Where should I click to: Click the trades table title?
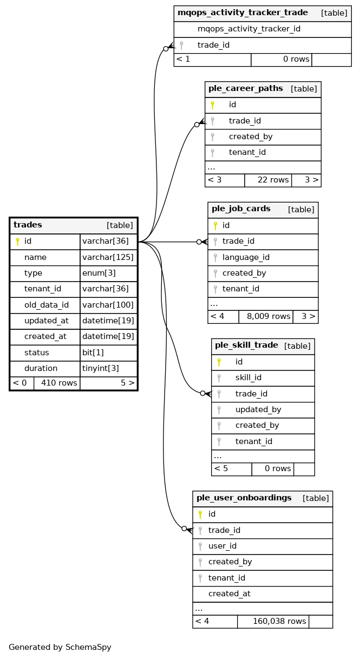(x=28, y=225)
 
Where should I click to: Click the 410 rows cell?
(x=56, y=383)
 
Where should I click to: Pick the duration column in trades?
(x=41, y=368)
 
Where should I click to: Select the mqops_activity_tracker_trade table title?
(x=243, y=13)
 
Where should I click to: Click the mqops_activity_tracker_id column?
(x=248, y=29)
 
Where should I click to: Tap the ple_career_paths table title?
(x=245, y=89)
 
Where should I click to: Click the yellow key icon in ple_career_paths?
(x=213, y=105)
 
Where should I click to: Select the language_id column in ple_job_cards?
(x=246, y=257)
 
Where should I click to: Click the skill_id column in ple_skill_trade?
(x=248, y=378)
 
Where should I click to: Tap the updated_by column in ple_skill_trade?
(x=258, y=410)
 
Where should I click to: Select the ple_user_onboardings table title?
(x=244, y=498)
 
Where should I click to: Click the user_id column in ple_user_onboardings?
(x=222, y=546)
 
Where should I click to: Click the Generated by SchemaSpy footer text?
(x=60, y=647)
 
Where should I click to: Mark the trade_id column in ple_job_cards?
(x=238, y=242)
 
